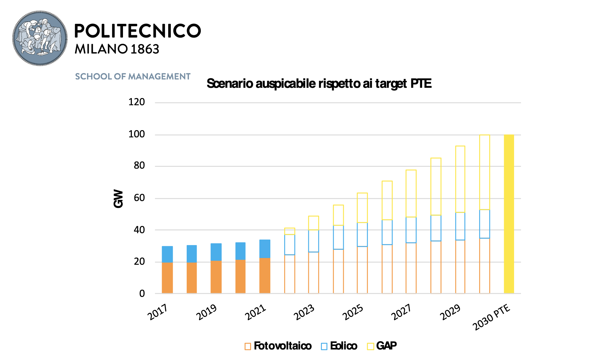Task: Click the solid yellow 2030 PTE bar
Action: (x=509, y=214)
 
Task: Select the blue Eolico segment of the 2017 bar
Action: (x=167, y=254)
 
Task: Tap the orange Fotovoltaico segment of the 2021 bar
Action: (x=265, y=276)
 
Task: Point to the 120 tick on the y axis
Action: (x=137, y=102)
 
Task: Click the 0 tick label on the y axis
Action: (x=142, y=294)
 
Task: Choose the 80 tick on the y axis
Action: (x=139, y=166)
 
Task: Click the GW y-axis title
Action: (x=118, y=199)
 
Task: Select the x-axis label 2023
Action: (x=304, y=312)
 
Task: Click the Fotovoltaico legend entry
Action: (x=278, y=346)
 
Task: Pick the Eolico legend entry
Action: (x=339, y=346)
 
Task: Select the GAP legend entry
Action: (x=382, y=346)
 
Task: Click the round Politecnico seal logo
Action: (x=40, y=38)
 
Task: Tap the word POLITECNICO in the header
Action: (x=137, y=31)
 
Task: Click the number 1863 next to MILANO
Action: (x=145, y=49)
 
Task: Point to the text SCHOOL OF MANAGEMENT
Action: (x=133, y=76)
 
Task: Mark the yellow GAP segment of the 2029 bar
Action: (x=460, y=179)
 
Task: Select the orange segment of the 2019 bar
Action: (x=216, y=277)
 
